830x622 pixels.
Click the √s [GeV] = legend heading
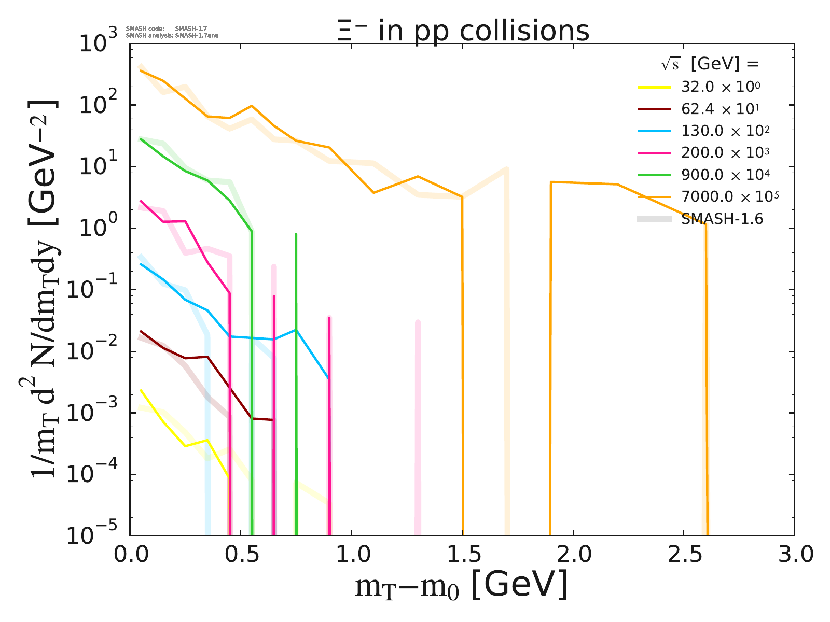[x=710, y=64]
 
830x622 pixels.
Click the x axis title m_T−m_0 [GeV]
[x=461, y=586]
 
